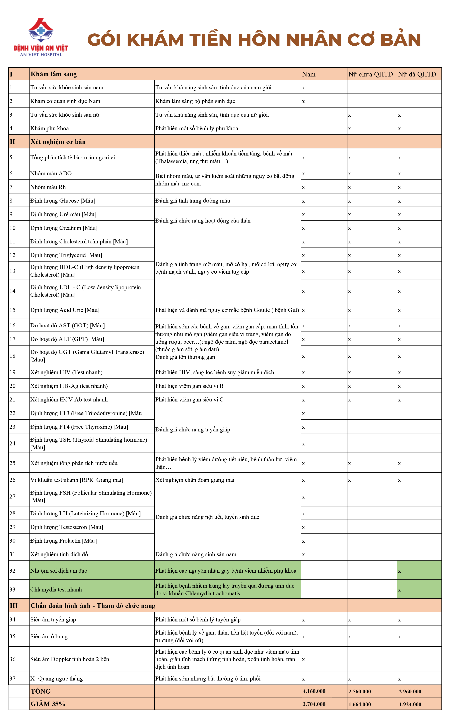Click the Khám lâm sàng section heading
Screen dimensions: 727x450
(54, 74)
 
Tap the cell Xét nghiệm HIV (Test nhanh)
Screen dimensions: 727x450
(66, 372)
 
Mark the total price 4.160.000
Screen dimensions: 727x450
(314, 691)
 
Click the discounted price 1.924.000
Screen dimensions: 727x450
(410, 704)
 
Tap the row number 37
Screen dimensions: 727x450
(13, 678)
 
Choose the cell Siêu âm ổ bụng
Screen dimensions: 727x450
(49, 636)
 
